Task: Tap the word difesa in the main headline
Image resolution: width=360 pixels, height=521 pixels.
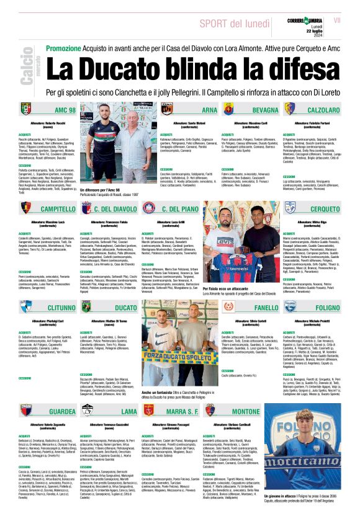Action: (276, 71)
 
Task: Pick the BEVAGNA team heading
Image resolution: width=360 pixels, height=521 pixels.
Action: (265, 110)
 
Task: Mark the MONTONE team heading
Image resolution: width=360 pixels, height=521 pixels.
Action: (263, 411)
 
